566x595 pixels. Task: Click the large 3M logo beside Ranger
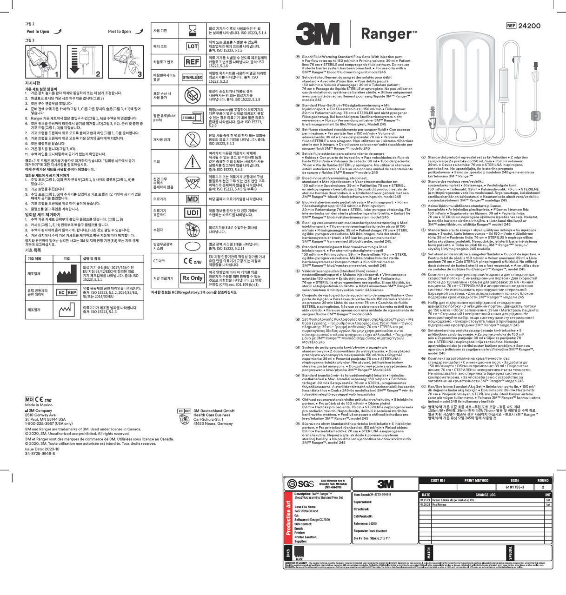coord(317,34)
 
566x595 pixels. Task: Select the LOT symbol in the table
coord(192,46)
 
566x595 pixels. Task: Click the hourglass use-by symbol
coord(192,31)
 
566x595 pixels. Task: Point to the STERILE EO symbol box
coord(192,77)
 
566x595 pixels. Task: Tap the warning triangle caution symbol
coord(192,161)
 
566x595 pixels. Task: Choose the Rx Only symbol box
coord(192,278)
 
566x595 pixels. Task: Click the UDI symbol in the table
coord(192,212)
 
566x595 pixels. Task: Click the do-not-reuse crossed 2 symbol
coord(192,139)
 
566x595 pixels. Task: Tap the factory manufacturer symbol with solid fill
coord(67,273)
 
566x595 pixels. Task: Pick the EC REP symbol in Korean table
coord(67,292)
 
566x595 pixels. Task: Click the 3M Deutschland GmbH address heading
coord(214,411)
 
